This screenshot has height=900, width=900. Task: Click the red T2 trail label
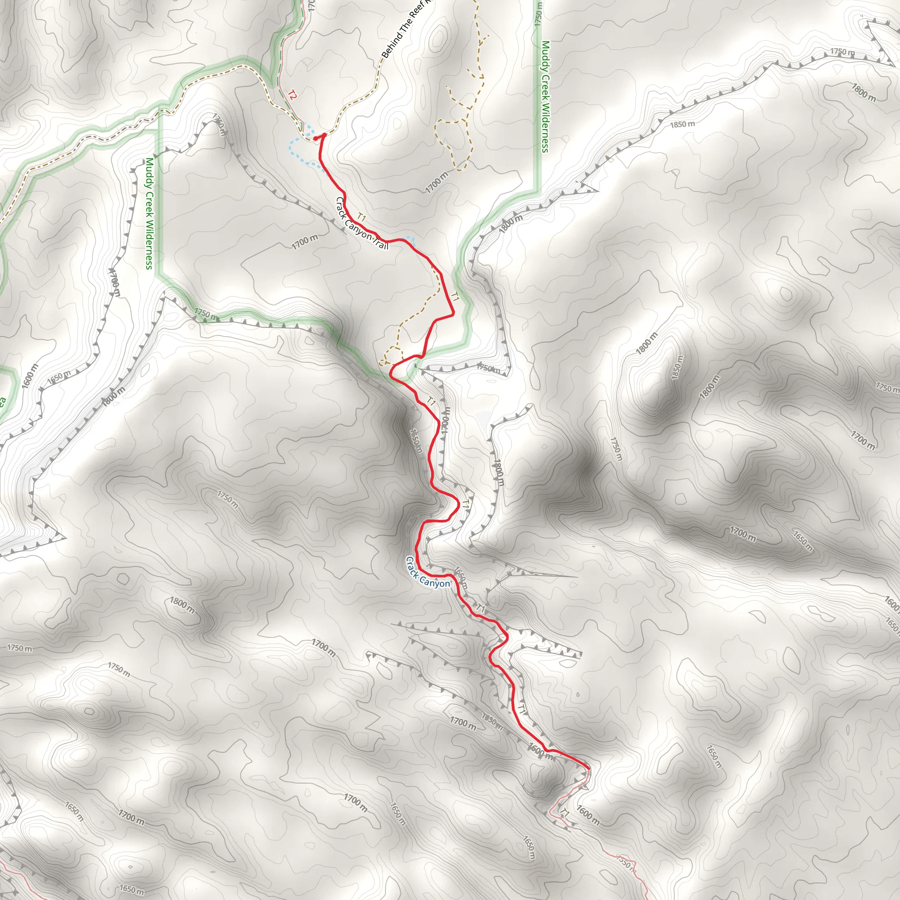coord(292,95)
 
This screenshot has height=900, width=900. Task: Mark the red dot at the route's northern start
coord(316,138)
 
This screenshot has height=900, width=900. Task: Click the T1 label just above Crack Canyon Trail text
coord(362,217)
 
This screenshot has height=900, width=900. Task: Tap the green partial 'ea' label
coord(2,401)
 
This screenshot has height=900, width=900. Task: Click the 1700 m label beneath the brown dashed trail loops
coord(436,182)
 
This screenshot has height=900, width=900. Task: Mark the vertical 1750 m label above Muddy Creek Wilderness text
coord(538,14)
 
